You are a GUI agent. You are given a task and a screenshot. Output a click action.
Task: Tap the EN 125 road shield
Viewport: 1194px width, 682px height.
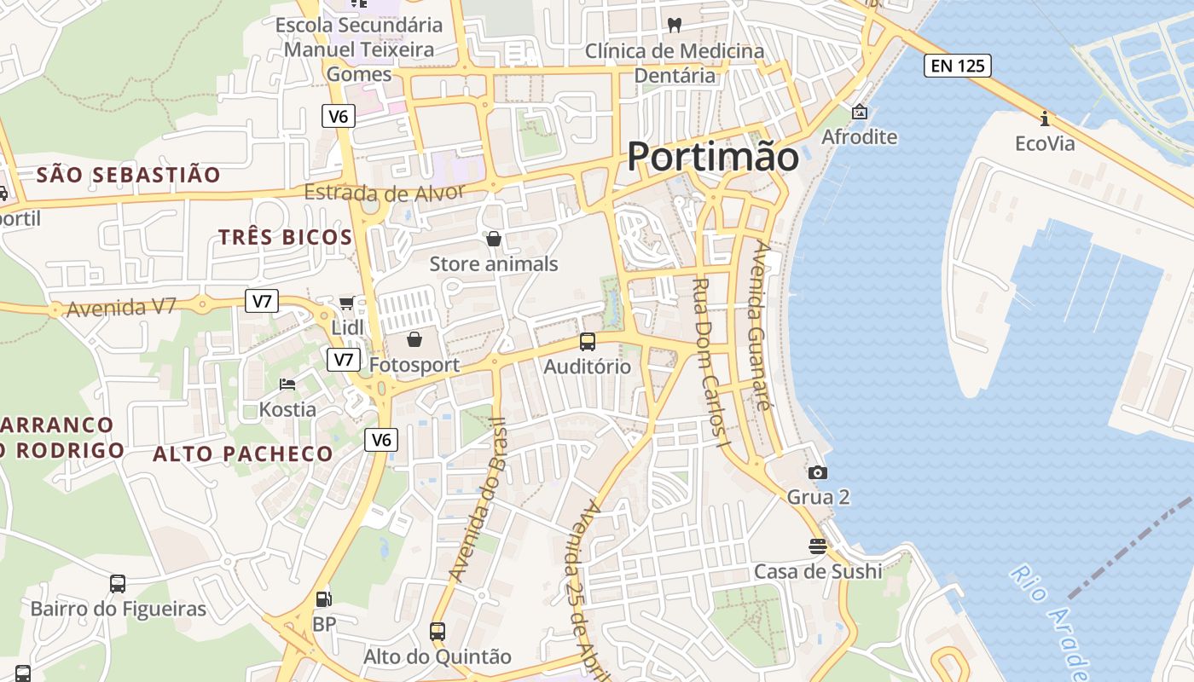pyautogui.click(x=957, y=65)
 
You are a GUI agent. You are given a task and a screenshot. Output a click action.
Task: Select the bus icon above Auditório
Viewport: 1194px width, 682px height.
pyautogui.click(x=588, y=342)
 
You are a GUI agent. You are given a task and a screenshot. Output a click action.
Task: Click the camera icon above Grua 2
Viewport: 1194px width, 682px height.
pyautogui.click(x=818, y=472)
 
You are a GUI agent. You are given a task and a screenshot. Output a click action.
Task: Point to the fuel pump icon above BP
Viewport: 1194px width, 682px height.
pyautogui.click(x=323, y=599)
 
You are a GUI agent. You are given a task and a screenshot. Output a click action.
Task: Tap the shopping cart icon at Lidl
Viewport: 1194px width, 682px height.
pyautogui.click(x=346, y=303)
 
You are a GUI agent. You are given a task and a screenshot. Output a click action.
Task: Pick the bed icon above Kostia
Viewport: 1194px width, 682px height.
pyautogui.click(x=287, y=384)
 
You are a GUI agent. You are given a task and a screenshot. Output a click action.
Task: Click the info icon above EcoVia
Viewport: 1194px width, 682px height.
pyautogui.click(x=1044, y=118)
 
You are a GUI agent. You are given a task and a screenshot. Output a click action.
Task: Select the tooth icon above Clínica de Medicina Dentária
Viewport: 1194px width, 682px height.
pyautogui.click(x=675, y=26)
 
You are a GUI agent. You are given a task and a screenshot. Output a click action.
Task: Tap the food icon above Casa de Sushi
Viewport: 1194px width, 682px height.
pyautogui.click(x=818, y=546)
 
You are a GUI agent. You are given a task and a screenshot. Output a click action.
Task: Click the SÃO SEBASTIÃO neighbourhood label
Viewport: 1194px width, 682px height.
pyautogui.click(x=129, y=175)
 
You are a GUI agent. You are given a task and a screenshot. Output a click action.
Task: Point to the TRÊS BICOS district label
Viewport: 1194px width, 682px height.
pyautogui.click(x=285, y=237)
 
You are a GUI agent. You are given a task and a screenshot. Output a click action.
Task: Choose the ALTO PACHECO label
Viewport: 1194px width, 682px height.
pyautogui.click(x=242, y=454)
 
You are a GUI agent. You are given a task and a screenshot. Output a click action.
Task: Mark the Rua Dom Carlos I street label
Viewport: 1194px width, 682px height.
pyautogui.click(x=712, y=362)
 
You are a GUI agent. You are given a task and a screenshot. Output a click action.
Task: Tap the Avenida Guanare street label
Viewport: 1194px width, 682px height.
pyautogui.click(x=758, y=328)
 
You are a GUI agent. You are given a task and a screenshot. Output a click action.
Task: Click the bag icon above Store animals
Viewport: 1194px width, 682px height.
pyautogui.click(x=493, y=239)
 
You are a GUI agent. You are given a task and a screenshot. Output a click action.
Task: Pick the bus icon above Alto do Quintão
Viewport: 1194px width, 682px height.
pyautogui.click(x=438, y=632)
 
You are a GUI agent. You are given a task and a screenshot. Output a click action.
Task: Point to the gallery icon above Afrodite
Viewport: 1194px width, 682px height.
pyautogui.click(x=859, y=112)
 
